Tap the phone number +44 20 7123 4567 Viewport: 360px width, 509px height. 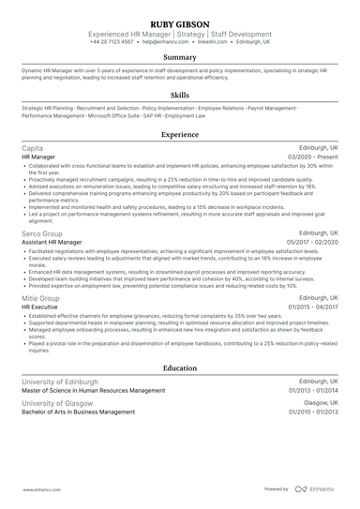(x=112, y=42)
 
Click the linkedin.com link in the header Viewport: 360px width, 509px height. (x=214, y=42)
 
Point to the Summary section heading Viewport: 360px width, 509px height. (x=179, y=58)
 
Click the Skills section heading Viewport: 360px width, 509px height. (x=179, y=96)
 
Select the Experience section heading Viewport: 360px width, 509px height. (x=179, y=135)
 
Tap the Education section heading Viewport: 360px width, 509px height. (x=179, y=368)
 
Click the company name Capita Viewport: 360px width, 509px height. (x=32, y=149)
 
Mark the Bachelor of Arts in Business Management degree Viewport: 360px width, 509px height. (x=78, y=411)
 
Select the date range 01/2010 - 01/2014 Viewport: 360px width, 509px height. (x=309, y=411)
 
